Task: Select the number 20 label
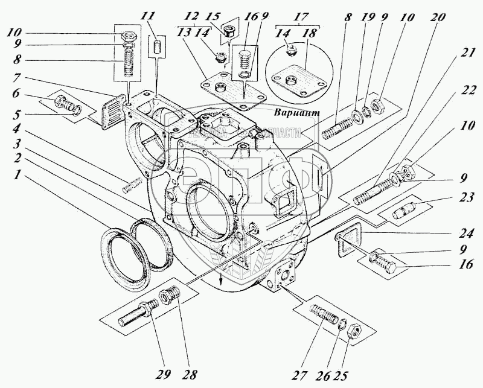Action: point(439,17)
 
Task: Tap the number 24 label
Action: point(465,232)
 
